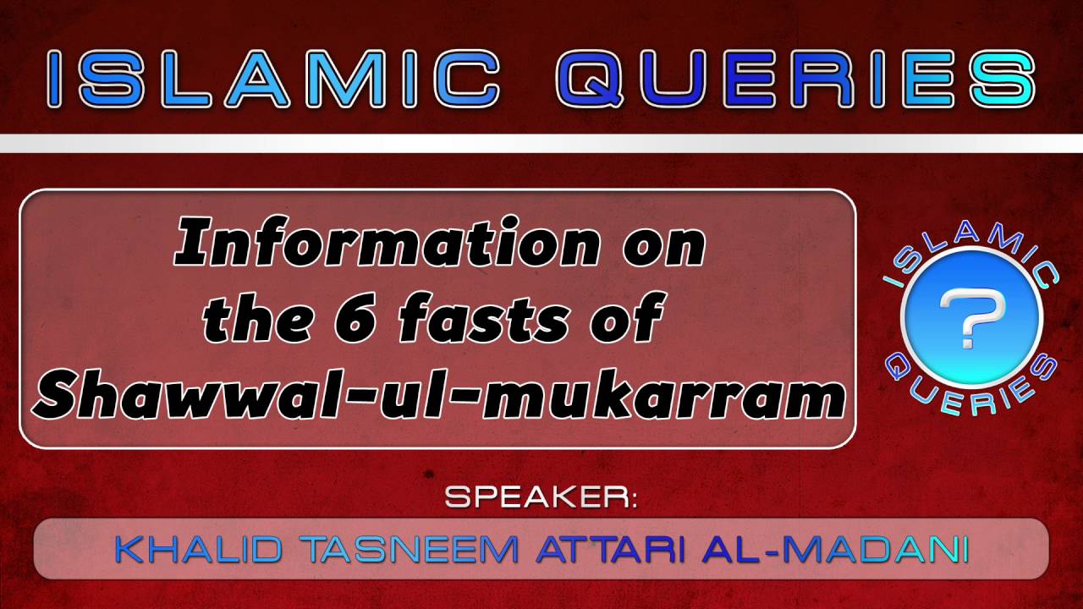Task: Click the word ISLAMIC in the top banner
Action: [x=275, y=79]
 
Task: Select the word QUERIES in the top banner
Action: [x=796, y=79]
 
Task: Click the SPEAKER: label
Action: [x=541, y=497]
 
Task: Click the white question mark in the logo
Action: [x=972, y=317]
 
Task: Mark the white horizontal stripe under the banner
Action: [x=541, y=142]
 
